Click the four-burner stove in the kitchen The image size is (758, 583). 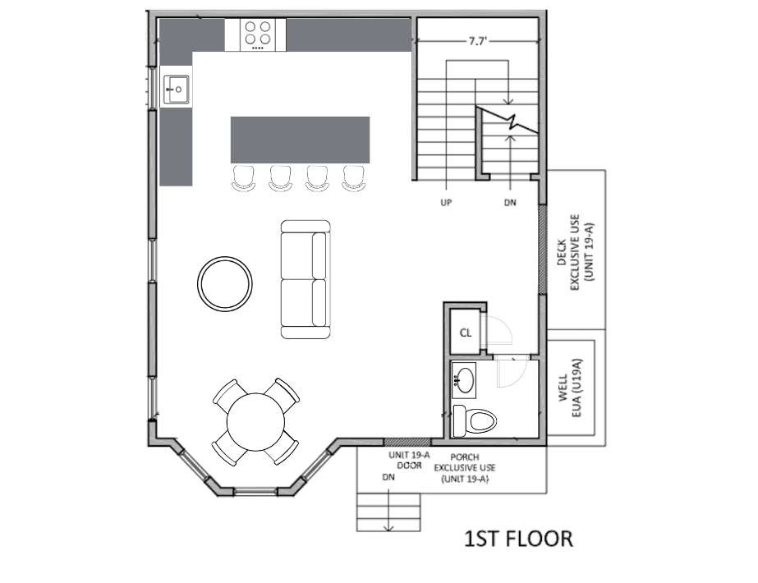(258, 34)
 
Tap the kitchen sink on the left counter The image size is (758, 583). (176, 90)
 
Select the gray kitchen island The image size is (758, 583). (301, 140)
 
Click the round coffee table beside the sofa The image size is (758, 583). (225, 284)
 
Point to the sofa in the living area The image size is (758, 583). (305, 279)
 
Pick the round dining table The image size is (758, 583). (255, 421)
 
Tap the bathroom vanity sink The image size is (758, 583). (464, 380)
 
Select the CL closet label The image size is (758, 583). (466, 333)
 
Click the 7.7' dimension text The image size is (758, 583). (477, 42)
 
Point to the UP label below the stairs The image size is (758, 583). (446, 203)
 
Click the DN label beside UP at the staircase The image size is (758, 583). (510, 203)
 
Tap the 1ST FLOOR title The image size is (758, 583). (519, 539)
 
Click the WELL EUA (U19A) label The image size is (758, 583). (570, 388)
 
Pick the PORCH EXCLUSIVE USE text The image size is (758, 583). (465, 468)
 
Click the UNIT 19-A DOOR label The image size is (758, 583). (409, 460)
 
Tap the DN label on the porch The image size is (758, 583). (388, 478)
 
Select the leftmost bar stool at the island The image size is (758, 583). (243, 178)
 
